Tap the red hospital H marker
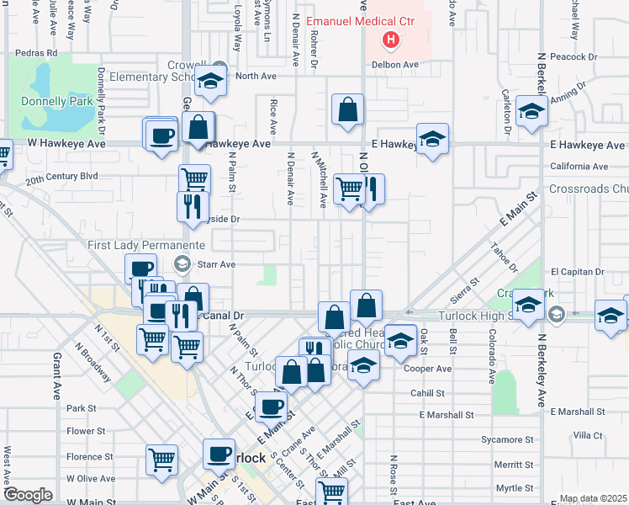point(391,39)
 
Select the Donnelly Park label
point(57,101)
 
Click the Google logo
point(28,495)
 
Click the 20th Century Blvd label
point(61,177)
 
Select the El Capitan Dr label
point(578,272)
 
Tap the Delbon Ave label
point(396,64)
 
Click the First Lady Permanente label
point(146,245)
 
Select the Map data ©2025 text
point(593,498)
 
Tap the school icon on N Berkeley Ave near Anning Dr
point(531,113)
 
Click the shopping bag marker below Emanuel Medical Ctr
point(347,109)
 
